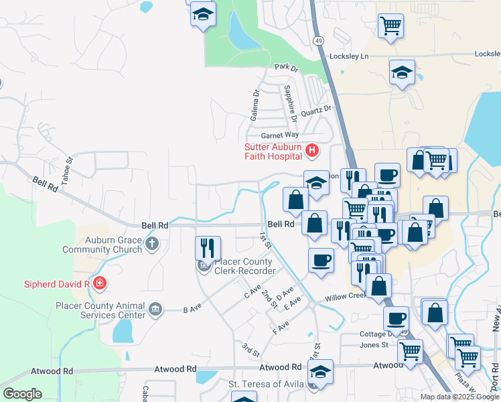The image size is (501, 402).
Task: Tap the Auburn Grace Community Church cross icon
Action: tap(152, 243)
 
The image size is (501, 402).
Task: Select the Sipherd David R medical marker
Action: tap(100, 283)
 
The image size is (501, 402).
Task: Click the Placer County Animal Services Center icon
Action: tap(155, 309)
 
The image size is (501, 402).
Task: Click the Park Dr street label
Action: tap(285, 67)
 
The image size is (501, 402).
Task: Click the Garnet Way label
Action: tap(279, 135)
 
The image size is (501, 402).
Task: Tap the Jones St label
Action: tap(374, 345)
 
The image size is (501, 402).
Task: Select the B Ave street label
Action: tap(192, 310)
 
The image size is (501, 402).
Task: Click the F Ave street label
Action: tap(281, 326)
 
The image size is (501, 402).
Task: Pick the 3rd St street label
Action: tap(250, 350)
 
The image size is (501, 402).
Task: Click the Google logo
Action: tap(23, 394)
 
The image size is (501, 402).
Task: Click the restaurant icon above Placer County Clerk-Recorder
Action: tap(208, 248)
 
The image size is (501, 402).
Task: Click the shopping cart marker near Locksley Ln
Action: tap(390, 26)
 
